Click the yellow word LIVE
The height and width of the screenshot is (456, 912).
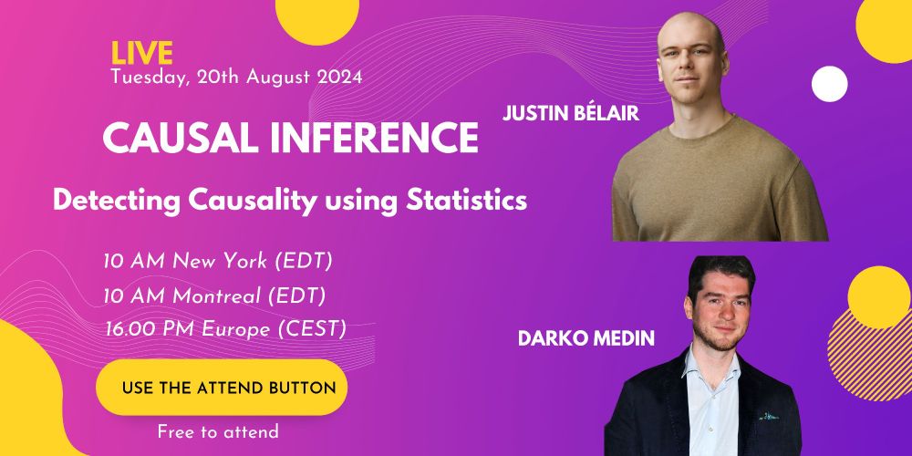pyautogui.click(x=141, y=54)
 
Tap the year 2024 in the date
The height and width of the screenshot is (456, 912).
pyautogui.click(x=339, y=78)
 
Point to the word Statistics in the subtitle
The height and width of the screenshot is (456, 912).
pyautogui.click(x=466, y=201)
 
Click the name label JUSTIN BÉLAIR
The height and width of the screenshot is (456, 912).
pyautogui.click(x=571, y=113)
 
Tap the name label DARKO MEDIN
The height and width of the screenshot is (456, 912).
pyautogui.click(x=586, y=338)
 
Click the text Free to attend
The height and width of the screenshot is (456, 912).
pyautogui.click(x=218, y=431)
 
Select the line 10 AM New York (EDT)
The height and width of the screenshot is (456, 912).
pyautogui.click(x=218, y=262)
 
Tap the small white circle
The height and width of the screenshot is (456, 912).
pyautogui.click(x=829, y=84)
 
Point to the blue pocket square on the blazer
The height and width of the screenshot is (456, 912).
pyautogui.click(x=767, y=417)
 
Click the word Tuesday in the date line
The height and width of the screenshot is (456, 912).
pyautogui.click(x=150, y=78)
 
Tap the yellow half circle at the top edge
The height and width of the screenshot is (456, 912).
pyautogui.click(x=317, y=22)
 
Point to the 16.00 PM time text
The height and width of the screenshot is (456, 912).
pyautogui.click(x=150, y=330)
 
